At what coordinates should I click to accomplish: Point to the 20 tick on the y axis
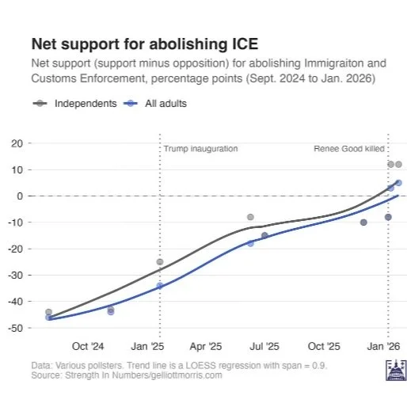[17, 143]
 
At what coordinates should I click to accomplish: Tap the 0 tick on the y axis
[19, 196]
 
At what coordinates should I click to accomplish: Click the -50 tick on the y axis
[15, 327]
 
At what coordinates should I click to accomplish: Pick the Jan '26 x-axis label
[386, 347]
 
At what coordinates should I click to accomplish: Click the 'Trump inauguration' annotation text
[200, 148]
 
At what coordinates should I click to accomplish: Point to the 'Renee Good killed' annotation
[349, 148]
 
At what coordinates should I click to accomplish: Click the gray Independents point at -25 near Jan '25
[160, 261]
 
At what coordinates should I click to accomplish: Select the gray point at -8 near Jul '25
[250, 217]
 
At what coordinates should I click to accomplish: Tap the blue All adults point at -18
[250, 243]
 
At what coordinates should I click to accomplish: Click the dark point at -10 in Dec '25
[363, 223]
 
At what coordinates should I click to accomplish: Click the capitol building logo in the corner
[394, 370]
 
